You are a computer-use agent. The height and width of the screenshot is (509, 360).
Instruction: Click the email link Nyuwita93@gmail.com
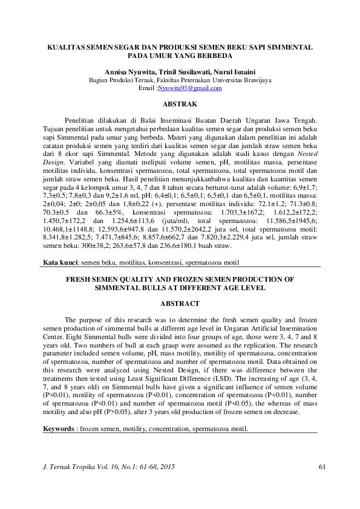click(189, 88)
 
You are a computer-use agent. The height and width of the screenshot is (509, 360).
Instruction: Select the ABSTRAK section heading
click(180, 105)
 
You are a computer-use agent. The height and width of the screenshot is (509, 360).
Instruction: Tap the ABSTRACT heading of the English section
click(180, 303)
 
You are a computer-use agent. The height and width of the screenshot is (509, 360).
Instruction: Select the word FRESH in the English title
click(78, 279)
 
